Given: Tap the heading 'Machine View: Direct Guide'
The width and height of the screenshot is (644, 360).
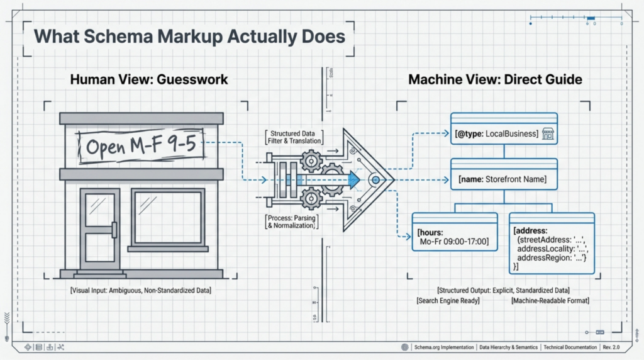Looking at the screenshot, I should pyautogui.click(x=495, y=80).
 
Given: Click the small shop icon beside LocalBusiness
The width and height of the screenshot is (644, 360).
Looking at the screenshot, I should pyautogui.click(x=547, y=133).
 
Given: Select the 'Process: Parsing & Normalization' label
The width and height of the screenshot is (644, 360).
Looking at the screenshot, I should pyautogui.click(x=290, y=221).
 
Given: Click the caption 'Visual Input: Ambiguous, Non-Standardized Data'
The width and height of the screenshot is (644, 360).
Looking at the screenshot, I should pyautogui.click(x=141, y=291).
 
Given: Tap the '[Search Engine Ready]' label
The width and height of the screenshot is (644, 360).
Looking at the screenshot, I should pyautogui.click(x=448, y=301).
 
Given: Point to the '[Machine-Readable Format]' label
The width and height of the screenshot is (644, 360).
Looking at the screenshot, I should pyautogui.click(x=550, y=301).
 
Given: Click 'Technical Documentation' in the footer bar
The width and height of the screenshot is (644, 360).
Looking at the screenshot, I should pyautogui.click(x=571, y=347).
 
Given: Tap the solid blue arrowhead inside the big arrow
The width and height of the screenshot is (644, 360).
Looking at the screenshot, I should pyautogui.click(x=353, y=180).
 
